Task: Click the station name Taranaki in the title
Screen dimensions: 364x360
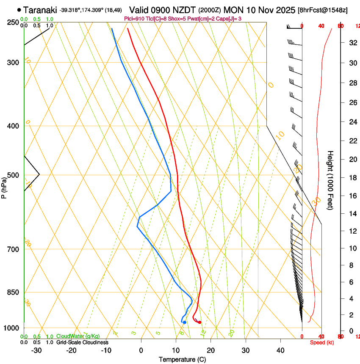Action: pyautogui.click(x=40, y=10)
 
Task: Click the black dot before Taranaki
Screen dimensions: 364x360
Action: pyautogui.click(x=19, y=10)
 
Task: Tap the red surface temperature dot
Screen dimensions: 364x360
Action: pyautogui.click(x=199, y=323)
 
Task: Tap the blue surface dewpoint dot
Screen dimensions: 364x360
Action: pyautogui.click(x=185, y=323)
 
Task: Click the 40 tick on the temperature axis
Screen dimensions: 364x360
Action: pyautogui.click(x=280, y=350)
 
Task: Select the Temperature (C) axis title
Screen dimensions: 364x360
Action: pyautogui.click(x=182, y=359)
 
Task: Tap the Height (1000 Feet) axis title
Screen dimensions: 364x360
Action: pyautogui.click(x=331, y=180)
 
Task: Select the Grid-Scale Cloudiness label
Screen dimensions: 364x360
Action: pyautogui.click(x=82, y=342)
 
